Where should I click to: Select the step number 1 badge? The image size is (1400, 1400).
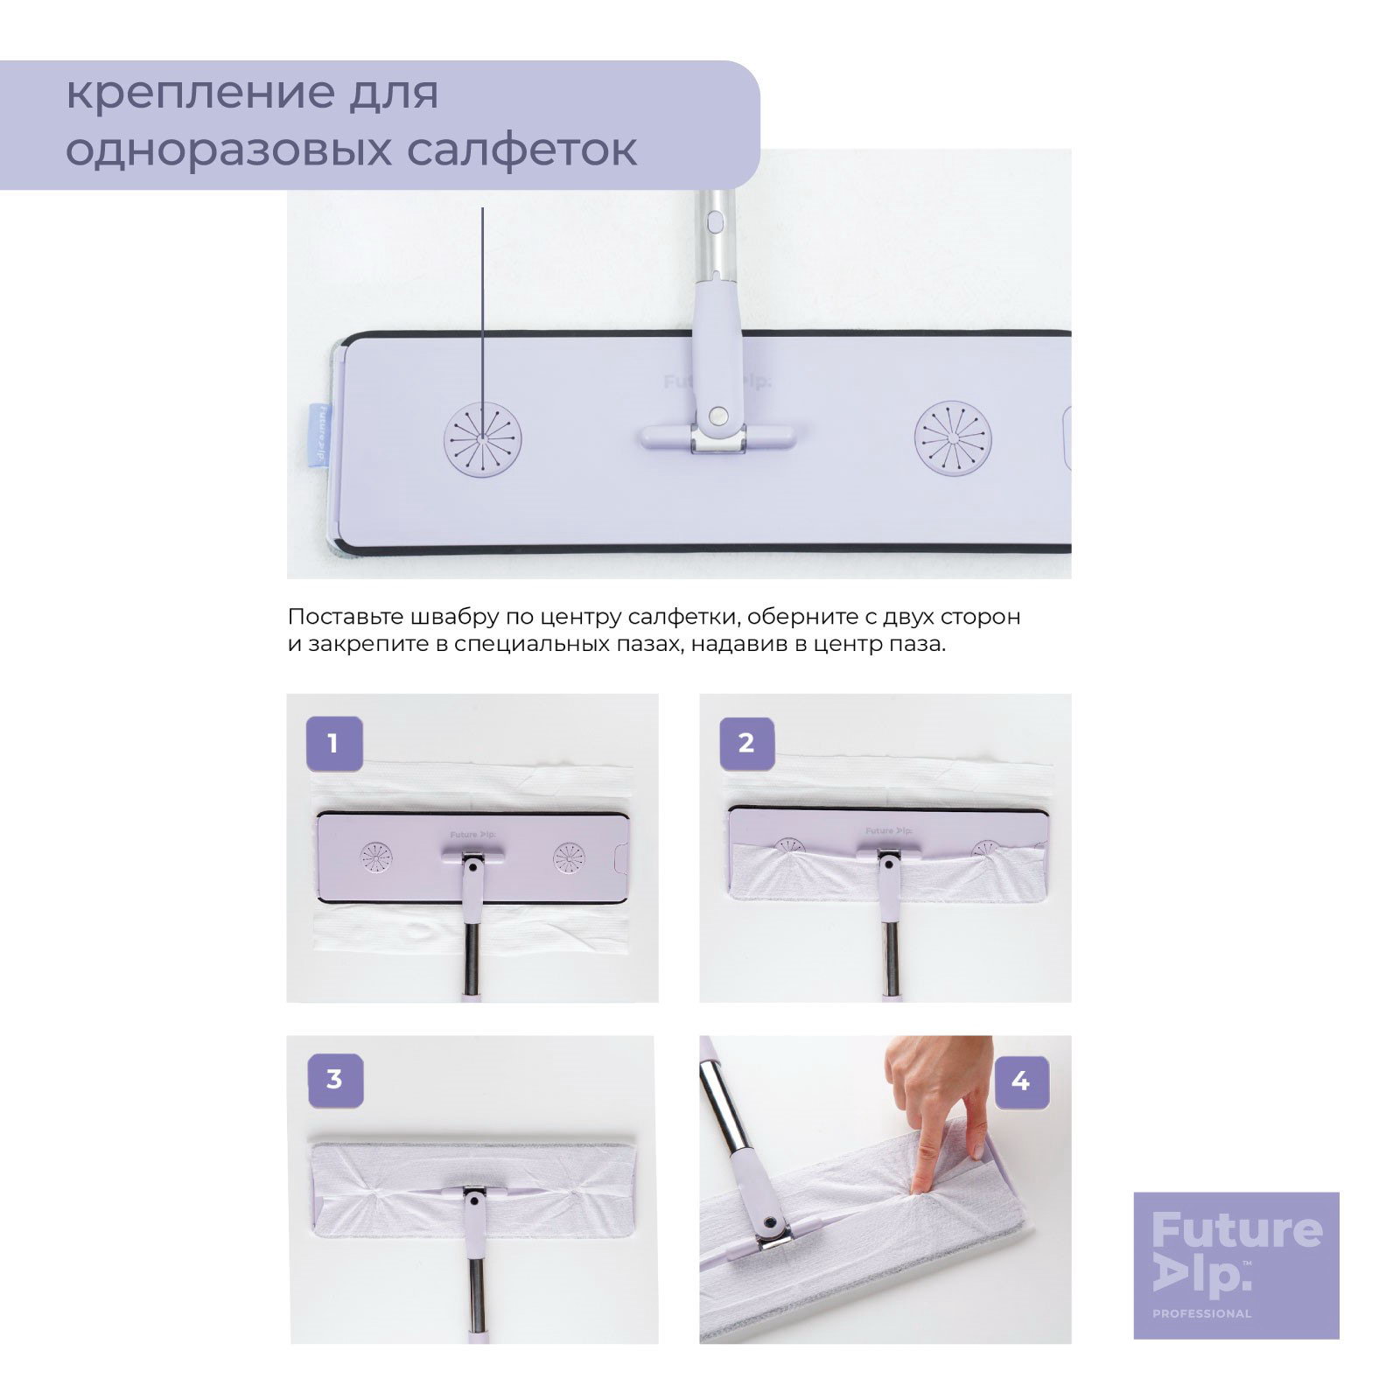pos(332,744)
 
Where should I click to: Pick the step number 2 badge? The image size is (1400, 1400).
pos(745,744)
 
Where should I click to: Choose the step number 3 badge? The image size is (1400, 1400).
pos(333,1080)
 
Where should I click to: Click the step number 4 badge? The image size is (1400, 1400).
pos(1020,1081)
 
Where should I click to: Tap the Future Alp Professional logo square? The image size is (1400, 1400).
pos(1236,1265)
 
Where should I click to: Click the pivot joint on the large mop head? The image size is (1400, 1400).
pos(719,414)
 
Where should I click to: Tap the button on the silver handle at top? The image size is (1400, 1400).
pos(714,222)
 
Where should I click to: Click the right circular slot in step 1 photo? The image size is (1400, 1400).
pos(571,860)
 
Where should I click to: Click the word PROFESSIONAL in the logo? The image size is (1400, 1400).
pos(1201,1313)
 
